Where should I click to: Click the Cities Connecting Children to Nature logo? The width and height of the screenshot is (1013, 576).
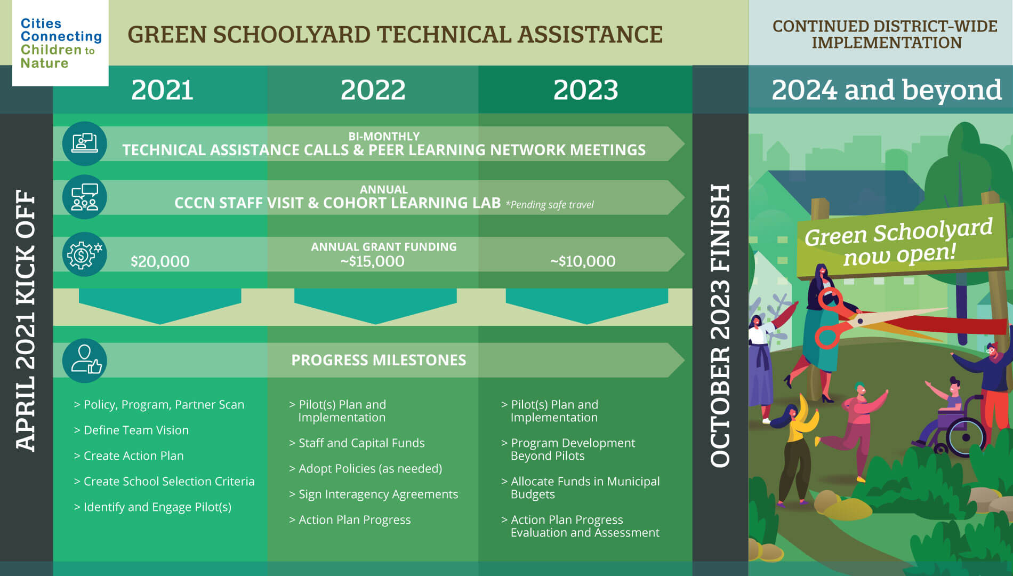[x=60, y=43]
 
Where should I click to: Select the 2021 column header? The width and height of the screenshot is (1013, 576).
[x=162, y=90]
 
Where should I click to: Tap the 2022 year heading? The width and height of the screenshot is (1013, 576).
[x=373, y=90]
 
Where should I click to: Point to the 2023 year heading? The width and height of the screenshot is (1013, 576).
[x=585, y=90]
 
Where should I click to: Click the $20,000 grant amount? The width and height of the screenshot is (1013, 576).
[x=160, y=261]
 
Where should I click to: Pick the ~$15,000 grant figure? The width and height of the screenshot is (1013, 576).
[x=372, y=261]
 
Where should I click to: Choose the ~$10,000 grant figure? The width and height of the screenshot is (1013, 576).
[x=583, y=261]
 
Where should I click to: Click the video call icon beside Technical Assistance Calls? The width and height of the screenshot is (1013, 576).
[x=84, y=143]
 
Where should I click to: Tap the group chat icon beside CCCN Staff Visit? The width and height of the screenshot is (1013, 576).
[x=84, y=197]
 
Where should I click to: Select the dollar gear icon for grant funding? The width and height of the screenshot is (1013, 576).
[x=84, y=254]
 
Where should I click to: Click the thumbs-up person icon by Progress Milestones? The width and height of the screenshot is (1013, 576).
[x=84, y=361]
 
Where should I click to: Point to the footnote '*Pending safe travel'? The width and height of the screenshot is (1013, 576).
[x=550, y=205]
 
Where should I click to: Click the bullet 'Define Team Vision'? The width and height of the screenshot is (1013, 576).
[x=131, y=430]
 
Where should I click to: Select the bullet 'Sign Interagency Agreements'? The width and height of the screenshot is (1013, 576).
[x=373, y=494]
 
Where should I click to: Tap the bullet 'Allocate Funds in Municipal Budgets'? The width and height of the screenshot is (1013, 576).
[x=581, y=487]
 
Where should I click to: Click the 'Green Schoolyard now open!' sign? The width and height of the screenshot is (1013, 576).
[x=899, y=242]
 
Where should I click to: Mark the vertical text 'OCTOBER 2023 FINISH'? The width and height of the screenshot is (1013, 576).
[x=720, y=326]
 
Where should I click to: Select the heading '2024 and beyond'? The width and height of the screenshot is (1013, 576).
[x=886, y=90]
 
